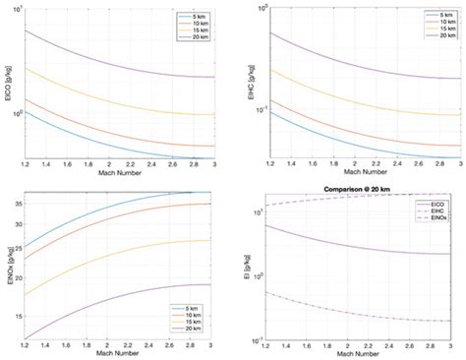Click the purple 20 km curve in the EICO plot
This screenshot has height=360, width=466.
108,60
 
